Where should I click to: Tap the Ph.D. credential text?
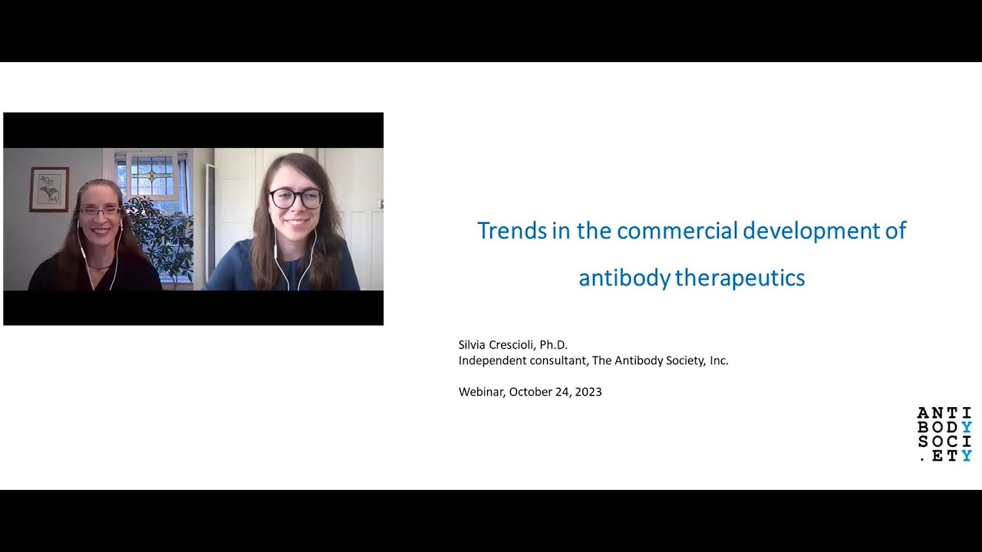click(553, 345)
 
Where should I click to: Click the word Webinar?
click(481, 392)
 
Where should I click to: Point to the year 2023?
click(588, 392)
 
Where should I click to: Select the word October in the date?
click(530, 392)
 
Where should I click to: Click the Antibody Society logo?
click(944, 435)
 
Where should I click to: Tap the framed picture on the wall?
click(49, 189)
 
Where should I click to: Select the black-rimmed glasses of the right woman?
click(295, 199)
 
